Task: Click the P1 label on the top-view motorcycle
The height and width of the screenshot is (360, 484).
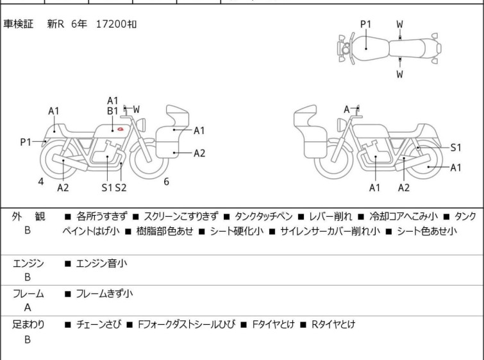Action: click(365, 24)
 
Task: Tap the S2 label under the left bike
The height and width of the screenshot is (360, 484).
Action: click(121, 187)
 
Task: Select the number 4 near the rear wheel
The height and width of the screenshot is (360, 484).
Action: click(41, 182)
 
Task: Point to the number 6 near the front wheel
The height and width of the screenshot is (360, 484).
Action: click(166, 182)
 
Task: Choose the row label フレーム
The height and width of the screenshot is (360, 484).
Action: click(28, 294)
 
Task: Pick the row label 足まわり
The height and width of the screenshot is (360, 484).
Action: click(28, 325)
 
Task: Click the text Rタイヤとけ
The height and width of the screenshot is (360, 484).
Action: click(333, 325)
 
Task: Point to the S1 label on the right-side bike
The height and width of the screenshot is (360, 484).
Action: click(456, 148)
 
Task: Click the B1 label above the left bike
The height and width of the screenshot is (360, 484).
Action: click(112, 110)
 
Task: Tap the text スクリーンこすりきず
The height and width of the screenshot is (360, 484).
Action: click(181, 217)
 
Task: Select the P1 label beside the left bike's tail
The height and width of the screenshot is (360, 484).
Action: click(26, 142)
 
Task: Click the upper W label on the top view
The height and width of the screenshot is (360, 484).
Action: click(399, 24)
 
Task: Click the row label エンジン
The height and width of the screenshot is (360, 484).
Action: click(28, 262)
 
